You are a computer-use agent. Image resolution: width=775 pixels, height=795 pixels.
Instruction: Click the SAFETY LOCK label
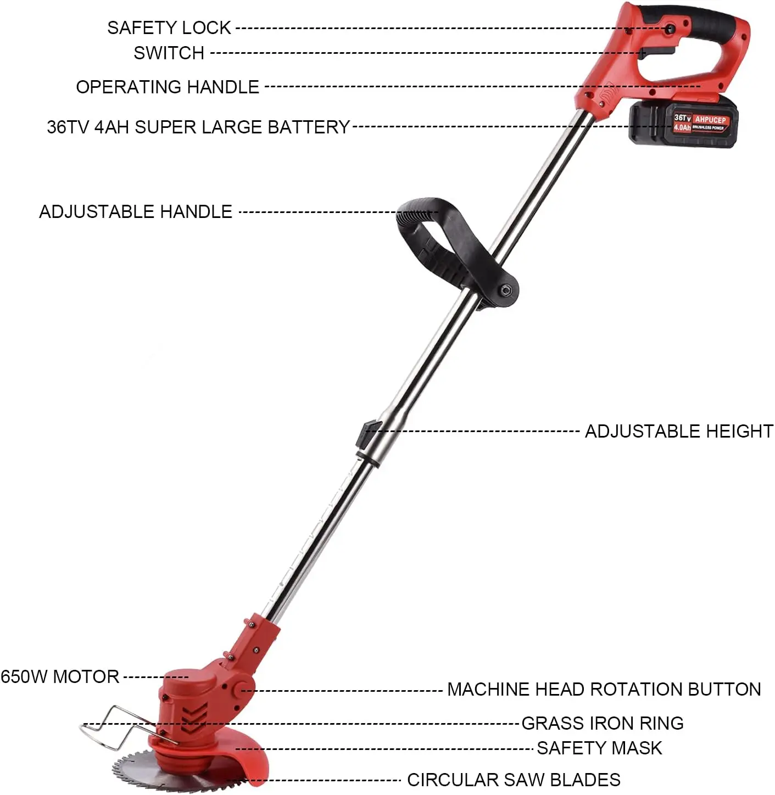169,27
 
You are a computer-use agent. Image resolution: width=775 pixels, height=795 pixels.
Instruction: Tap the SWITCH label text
169,53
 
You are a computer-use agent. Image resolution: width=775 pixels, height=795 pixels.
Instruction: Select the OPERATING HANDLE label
168,87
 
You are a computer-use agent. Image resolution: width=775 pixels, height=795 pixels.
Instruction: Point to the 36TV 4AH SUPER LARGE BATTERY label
198,127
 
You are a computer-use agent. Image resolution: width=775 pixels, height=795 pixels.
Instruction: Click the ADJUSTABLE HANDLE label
136,211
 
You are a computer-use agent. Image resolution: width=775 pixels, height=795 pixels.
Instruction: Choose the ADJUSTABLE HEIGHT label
679,431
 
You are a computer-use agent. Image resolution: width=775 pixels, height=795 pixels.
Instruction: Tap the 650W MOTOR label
60,676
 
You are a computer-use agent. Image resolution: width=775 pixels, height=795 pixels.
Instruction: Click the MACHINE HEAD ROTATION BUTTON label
604,689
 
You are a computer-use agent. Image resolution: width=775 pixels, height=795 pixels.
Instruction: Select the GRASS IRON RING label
603,723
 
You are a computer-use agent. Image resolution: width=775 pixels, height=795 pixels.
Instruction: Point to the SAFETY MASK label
599,748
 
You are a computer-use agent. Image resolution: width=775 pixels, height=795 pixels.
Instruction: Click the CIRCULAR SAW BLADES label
514,780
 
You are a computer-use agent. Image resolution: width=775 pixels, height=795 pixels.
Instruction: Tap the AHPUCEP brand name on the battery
710,119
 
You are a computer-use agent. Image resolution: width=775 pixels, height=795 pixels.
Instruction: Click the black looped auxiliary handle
434,236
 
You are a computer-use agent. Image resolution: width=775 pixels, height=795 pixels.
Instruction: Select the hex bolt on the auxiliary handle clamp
505,290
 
